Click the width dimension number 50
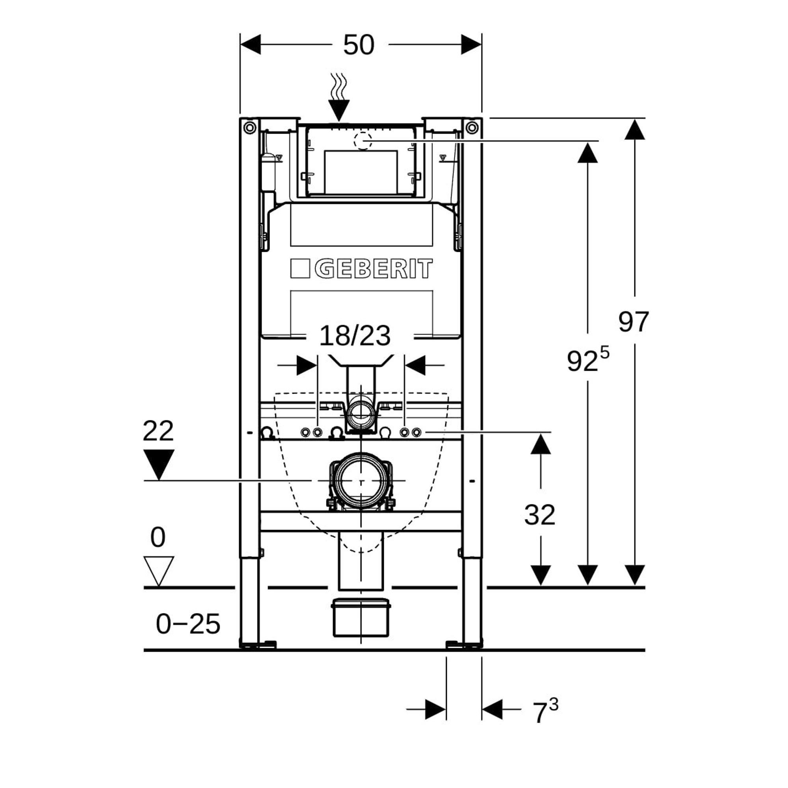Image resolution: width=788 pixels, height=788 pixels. click(x=359, y=45)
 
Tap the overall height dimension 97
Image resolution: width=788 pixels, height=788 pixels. click(x=634, y=322)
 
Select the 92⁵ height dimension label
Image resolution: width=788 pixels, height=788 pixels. click(x=587, y=359)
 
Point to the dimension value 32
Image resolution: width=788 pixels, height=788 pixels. click(x=540, y=515)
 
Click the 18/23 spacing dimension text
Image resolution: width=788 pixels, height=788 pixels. click(x=355, y=336)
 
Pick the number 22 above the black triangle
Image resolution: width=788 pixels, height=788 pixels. click(x=158, y=431)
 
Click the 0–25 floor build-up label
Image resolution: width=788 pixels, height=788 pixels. click(x=188, y=624)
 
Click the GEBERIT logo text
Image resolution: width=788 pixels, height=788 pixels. click(x=373, y=269)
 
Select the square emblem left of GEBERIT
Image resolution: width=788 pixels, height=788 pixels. click(x=300, y=269)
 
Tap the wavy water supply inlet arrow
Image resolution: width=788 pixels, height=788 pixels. click(x=339, y=98)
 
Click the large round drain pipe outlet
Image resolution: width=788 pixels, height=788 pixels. click(x=361, y=481)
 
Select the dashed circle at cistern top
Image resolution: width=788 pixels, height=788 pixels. click(x=362, y=141)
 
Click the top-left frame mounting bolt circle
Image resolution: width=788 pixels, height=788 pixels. click(x=250, y=128)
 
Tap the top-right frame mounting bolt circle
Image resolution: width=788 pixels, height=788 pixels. click(x=472, y=128)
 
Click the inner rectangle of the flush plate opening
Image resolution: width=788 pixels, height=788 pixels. click(x=361, y=172)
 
